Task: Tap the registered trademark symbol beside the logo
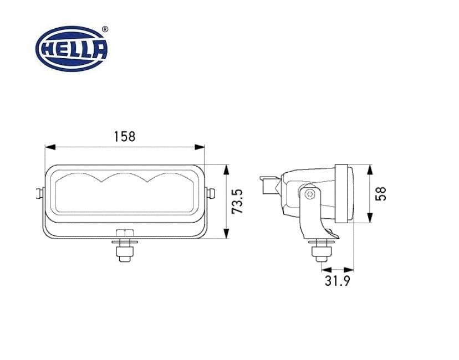pos(105,28)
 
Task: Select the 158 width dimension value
pos(124,136)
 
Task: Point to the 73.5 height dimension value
pos(238,201)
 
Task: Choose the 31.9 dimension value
pos(337,281)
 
